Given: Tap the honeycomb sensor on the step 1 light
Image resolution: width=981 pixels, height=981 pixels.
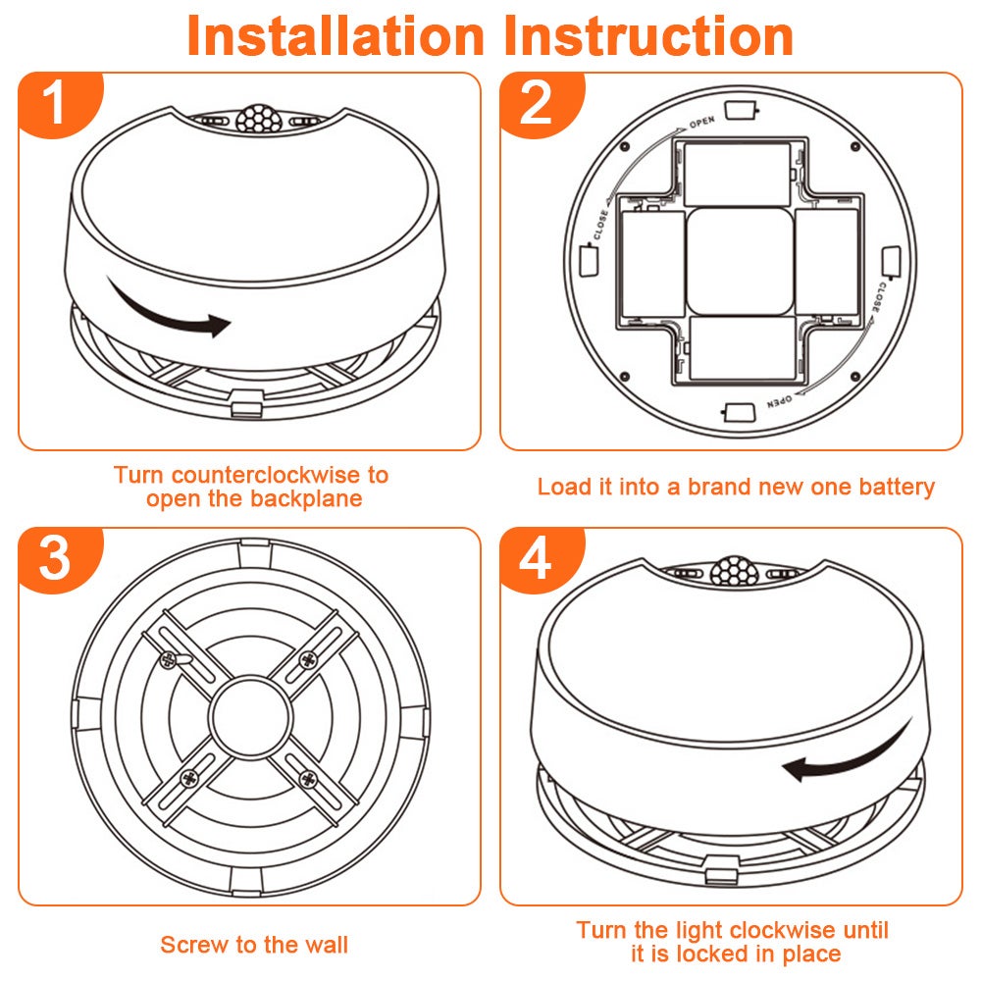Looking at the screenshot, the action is pos(258,119).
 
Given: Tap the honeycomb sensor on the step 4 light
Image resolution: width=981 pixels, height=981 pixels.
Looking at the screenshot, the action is pos(735,570).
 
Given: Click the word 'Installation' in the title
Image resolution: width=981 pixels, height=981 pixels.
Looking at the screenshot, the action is pos(336,36).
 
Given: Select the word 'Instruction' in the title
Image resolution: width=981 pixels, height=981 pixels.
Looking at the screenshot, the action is pos(648,36).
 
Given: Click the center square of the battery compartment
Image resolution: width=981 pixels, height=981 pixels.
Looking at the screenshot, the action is pos(740,262).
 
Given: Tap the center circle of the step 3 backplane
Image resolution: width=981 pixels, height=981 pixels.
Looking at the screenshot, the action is pos(251,717).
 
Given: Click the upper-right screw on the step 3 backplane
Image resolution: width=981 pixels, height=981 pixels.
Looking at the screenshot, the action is pos(308,659).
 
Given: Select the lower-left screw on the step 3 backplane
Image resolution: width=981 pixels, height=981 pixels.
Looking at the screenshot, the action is pos(189,779).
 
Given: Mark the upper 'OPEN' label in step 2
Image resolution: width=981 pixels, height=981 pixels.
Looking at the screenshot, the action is pos(702,122).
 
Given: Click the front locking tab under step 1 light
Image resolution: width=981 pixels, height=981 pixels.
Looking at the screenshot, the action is pos(246,403).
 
